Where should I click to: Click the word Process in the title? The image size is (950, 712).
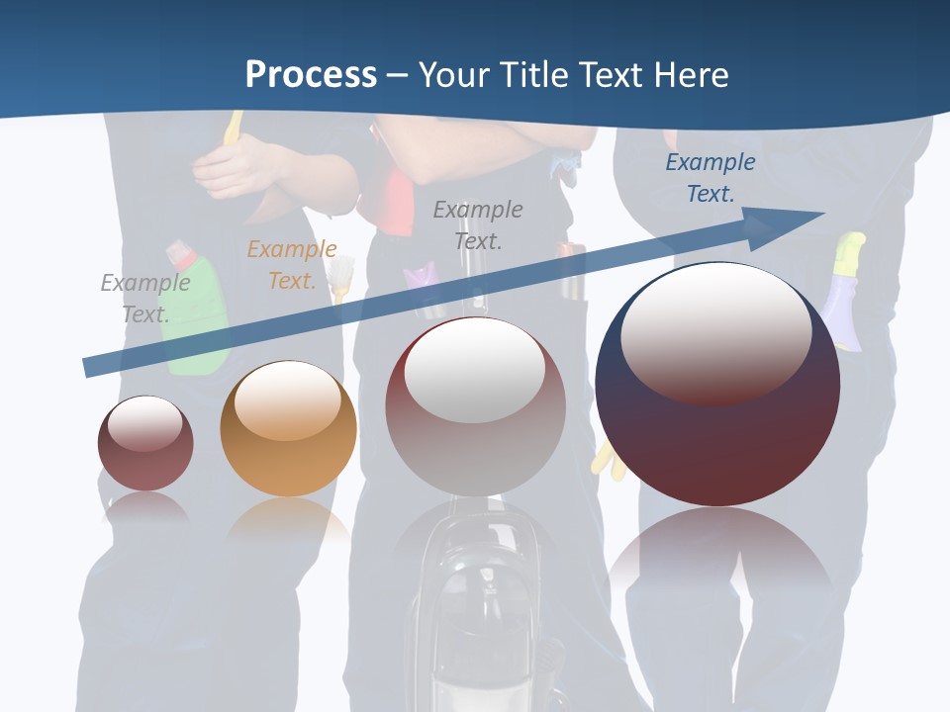(x=311, y=75)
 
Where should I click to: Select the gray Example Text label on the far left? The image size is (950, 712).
(x=145, y=298)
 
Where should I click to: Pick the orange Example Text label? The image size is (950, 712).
(x=292, y=264)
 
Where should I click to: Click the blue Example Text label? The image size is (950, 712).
(x=710, y=178)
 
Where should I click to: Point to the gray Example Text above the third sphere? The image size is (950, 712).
(x=478, y=224)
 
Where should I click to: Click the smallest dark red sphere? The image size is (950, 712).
(x=145, y=444)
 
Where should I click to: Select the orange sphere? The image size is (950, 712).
(x=288, y=429)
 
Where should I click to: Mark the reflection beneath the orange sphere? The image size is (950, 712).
(x=288, y=518)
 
